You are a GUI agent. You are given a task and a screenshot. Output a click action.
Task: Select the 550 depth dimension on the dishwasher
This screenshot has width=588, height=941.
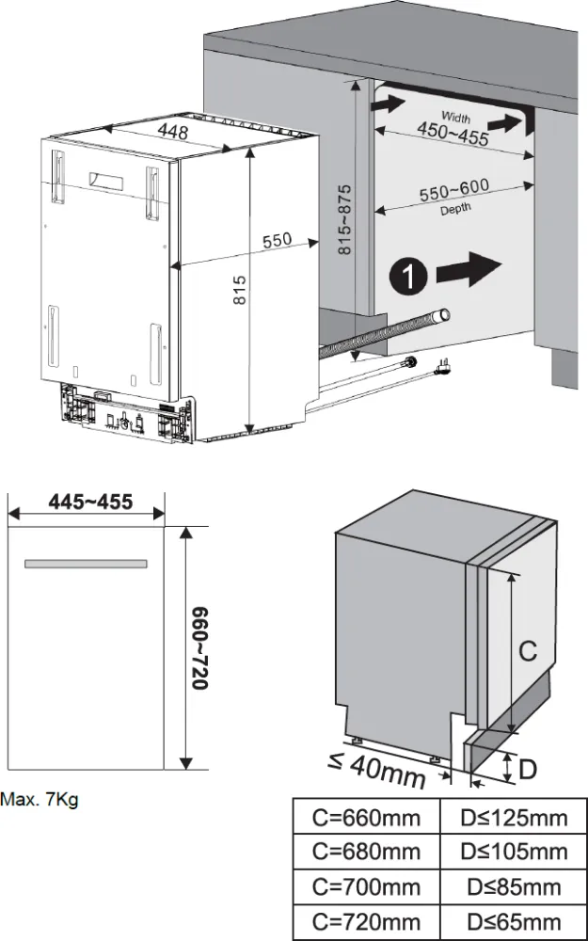point(277,241)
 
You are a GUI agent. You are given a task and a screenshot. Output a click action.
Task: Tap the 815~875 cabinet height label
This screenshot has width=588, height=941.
point(344,221)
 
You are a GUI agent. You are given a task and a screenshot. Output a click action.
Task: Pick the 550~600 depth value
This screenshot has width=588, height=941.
point(453,192)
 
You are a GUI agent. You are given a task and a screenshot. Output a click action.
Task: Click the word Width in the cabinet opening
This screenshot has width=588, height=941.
point(456,118)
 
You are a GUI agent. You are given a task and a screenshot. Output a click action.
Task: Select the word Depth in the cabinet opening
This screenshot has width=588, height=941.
point(454,209)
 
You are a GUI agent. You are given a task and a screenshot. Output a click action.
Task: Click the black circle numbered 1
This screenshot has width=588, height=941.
point(405,276)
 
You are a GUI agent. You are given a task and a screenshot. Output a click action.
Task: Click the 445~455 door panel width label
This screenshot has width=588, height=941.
point(90,502)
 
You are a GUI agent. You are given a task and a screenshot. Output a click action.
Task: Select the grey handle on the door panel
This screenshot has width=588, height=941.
point(86,564)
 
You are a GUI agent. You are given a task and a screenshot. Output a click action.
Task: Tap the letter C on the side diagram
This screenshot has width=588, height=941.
point(528,650)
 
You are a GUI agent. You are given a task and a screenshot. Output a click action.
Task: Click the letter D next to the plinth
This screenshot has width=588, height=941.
point(528,770)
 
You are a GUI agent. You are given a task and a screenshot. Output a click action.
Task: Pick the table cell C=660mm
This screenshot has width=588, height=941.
point(366,817)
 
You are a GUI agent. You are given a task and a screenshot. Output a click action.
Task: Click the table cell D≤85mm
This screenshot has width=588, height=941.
point(514,885)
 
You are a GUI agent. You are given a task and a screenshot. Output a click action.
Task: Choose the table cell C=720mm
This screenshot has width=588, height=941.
point(366,920)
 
